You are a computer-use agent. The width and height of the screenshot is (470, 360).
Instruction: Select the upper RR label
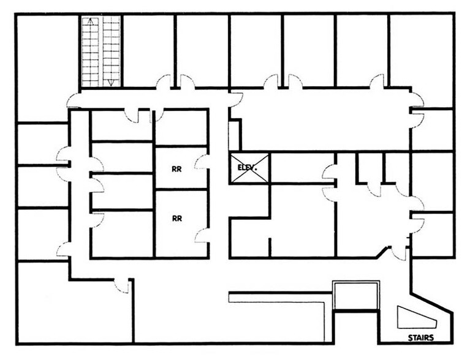pos(177,168)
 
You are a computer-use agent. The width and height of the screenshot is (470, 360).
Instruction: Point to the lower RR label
pos(177,218)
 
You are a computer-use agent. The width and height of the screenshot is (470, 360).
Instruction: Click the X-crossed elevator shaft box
pos(249,167)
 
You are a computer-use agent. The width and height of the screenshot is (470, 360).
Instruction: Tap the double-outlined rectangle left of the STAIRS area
pos(355,296)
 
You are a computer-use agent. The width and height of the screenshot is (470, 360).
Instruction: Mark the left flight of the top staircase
pos(91,52)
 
